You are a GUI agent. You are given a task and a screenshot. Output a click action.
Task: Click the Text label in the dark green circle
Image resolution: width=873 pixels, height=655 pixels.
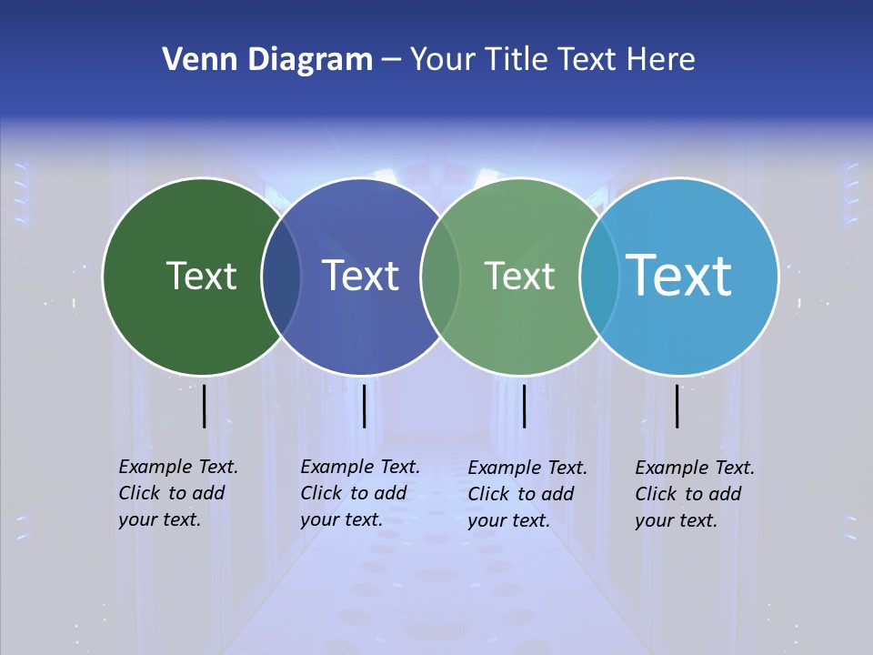201,276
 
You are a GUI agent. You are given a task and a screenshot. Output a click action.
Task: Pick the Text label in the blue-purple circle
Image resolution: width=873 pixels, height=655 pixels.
360,276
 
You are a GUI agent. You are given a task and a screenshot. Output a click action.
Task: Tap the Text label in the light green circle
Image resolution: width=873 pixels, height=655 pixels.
519,276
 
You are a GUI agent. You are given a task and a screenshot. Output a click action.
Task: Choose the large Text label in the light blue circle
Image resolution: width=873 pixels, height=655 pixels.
678,275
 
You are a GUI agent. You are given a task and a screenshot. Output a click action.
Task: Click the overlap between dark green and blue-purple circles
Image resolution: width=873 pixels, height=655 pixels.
281,277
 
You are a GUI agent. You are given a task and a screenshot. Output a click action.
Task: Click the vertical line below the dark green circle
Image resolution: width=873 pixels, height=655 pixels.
204,406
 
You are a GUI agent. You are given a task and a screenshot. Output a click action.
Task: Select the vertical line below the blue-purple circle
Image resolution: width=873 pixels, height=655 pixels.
364,406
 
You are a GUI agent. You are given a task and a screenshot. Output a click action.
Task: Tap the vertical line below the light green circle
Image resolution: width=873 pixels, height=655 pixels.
524,406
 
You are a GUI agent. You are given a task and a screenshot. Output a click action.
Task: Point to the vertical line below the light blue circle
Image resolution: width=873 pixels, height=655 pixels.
677,406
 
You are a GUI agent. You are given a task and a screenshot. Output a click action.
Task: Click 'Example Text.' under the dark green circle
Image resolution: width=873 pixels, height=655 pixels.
178,467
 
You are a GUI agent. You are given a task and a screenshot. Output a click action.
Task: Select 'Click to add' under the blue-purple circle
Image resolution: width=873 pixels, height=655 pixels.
354,493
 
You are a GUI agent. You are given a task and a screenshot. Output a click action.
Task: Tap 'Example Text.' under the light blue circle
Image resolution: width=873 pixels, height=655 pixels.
695,468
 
